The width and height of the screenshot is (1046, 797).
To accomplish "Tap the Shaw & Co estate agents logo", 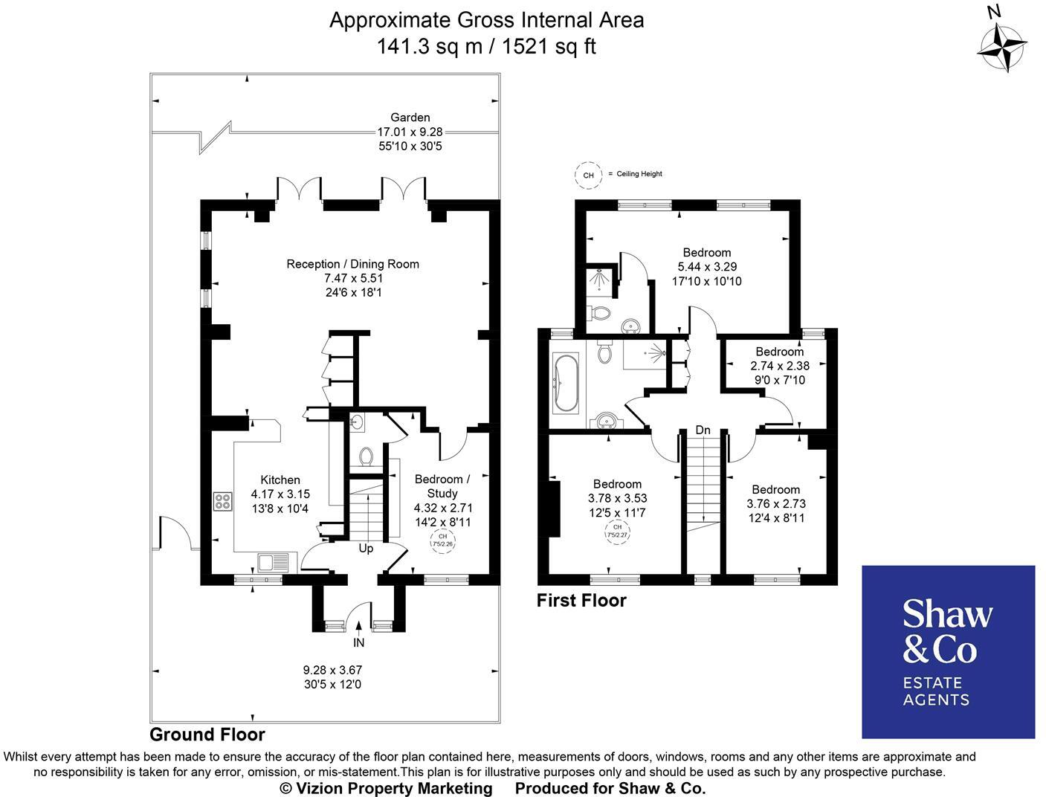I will click(948, 651).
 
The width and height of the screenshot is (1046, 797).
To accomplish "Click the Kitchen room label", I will click(280, 480).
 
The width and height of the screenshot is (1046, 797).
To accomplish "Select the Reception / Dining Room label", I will click(352, 264).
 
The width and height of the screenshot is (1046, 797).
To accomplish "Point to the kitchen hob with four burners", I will click(222, 501).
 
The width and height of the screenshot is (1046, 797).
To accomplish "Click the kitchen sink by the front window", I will click(269, 562).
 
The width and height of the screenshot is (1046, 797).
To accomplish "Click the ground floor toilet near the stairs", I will click(365, 456).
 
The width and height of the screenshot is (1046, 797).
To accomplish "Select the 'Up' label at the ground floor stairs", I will click(366, 549).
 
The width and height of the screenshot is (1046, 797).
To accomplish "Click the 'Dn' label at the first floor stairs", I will click(703, 430).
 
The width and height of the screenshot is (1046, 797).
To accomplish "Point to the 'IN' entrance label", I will click(359, 642).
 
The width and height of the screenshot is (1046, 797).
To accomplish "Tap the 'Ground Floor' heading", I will click(207, 735).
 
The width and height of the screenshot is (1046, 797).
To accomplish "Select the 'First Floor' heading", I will click(581, 600).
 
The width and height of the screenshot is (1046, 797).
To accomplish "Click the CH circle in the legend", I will click(589, 175).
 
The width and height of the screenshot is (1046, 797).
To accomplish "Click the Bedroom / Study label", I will click(442, 486).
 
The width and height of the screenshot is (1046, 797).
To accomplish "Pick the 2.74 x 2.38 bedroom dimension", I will click(780, 366).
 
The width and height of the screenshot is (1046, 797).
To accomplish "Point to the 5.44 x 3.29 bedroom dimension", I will click(707, 267).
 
